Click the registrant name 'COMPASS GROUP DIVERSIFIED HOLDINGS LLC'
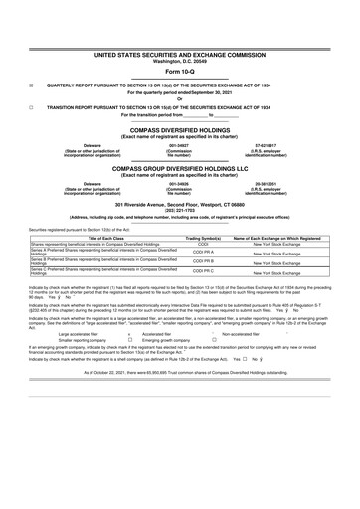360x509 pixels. point(179,169)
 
